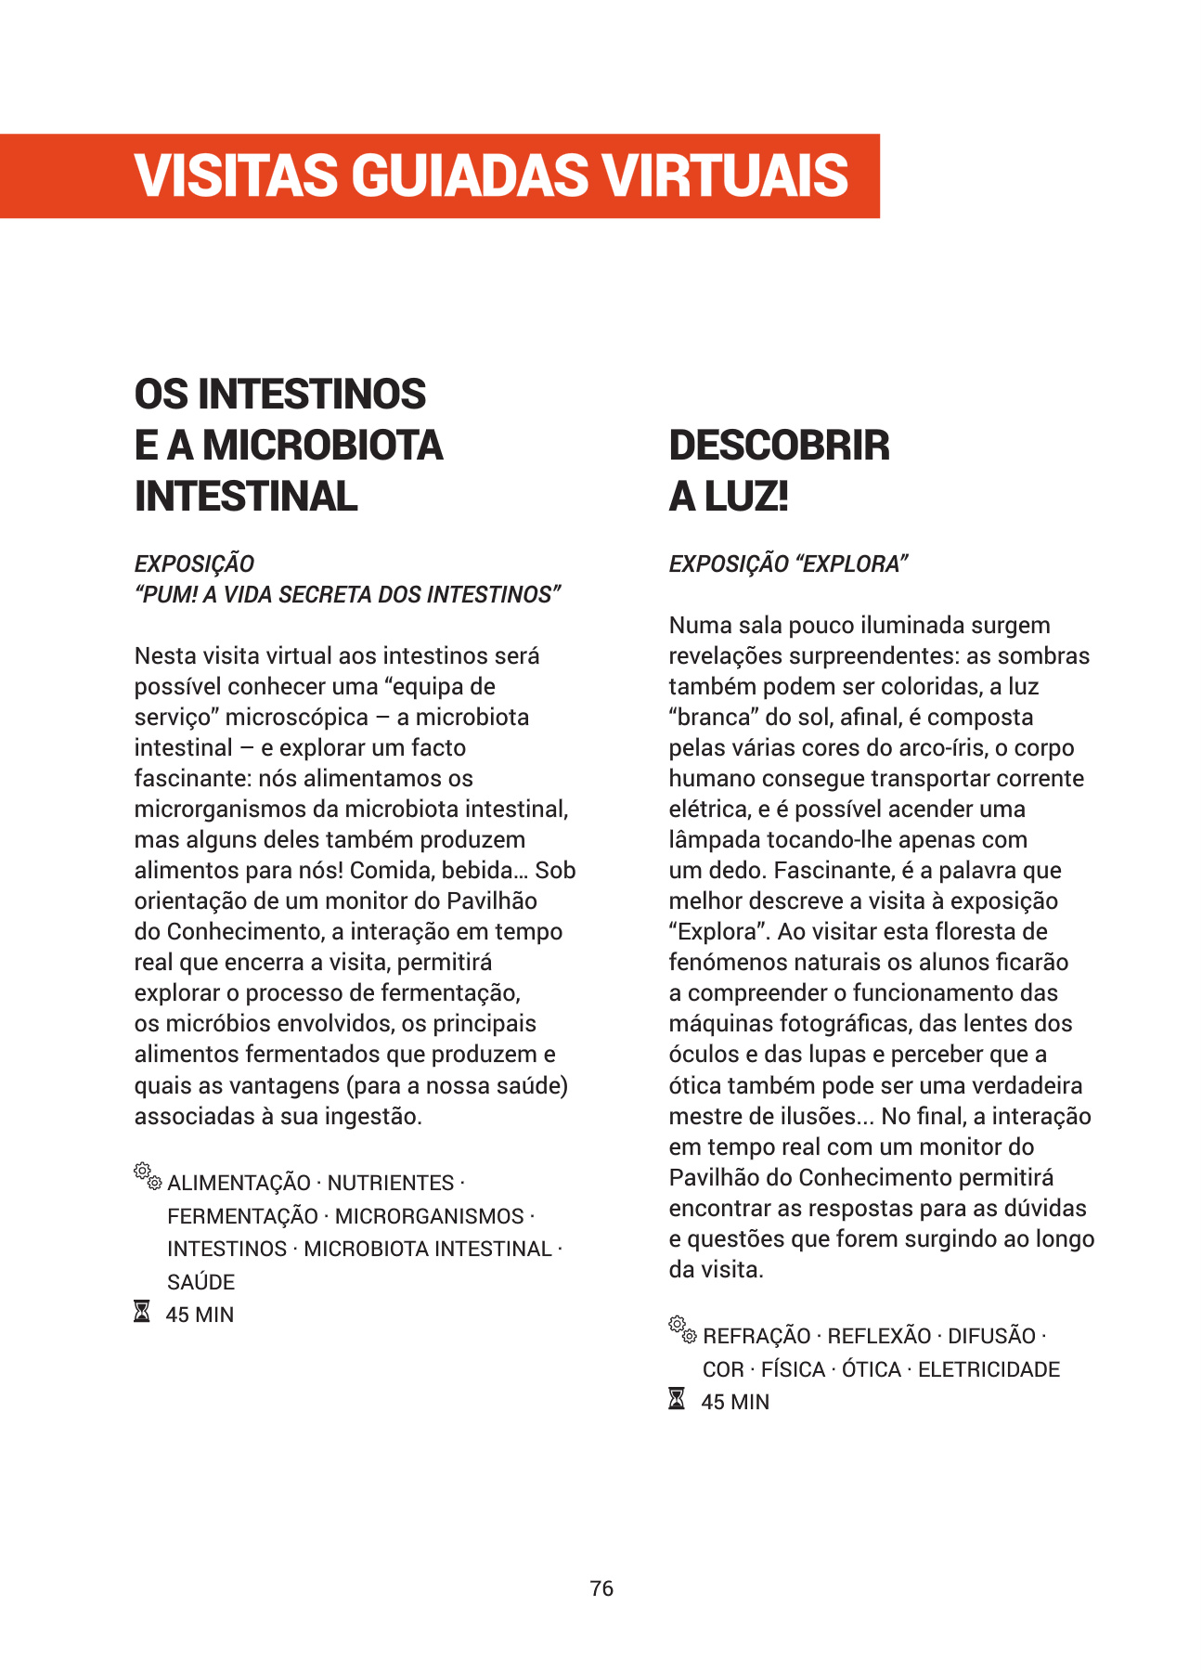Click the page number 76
point(601,1588)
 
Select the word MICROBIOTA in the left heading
point(323,446)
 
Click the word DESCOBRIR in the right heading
point(779,446)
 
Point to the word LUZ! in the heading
point(746,497)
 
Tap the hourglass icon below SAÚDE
point(142,1313)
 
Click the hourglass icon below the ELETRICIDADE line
point(678,1399)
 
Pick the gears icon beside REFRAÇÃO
point(682,1329)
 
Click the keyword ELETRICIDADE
point(989,1369)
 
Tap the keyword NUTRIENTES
point(390,1183)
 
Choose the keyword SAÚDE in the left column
point(200,1282)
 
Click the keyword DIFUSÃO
point(991,1336)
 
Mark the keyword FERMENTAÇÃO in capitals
point(242,1216)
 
